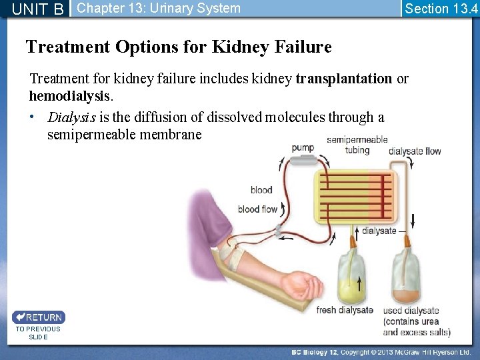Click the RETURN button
pyautogui.click(x=38, y=317)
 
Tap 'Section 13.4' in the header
pyautogui.click(x=439, y=9)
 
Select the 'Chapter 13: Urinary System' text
pyautogui.click(x=159, y=9)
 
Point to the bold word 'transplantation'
pyautogui.click(x=344, y=79)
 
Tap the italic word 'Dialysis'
pyautogui.click(x=71, y=117)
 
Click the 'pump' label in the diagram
pyautogui.click(x=303, y=147)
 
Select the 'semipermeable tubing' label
pyautogui.click(x=357, y=145)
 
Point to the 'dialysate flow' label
pyautogui.click(x=415, y=151)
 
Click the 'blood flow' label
pyautogui.click(x=257, y=209)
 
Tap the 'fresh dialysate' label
pyautogui.click(x=344, y=310)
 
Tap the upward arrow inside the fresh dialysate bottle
pyautogui.click(x=359, y=283)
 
